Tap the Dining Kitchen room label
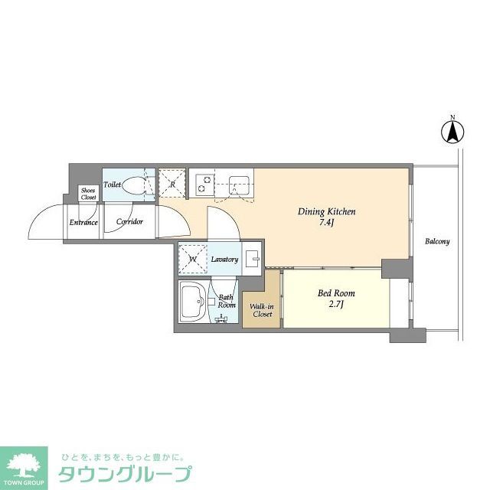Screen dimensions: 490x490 tap(328, 212)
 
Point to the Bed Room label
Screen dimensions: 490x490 tap(335, 293)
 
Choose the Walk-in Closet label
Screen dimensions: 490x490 tap(261, 310)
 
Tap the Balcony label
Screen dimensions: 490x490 tap(437, 241)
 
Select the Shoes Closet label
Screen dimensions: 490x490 tap(89, 193)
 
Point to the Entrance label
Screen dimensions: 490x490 tap(83, 223)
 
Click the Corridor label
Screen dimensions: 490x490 tap(129, 222)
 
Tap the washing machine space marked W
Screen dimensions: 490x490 tap(193, 259)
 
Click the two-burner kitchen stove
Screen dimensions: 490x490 tap(205, 185)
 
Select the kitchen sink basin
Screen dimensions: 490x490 tap(240, 185)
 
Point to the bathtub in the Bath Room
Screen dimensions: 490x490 tap(191, 304)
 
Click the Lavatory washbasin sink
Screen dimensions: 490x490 tap(253, 257)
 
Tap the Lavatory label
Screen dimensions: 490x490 tap(225, 260)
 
